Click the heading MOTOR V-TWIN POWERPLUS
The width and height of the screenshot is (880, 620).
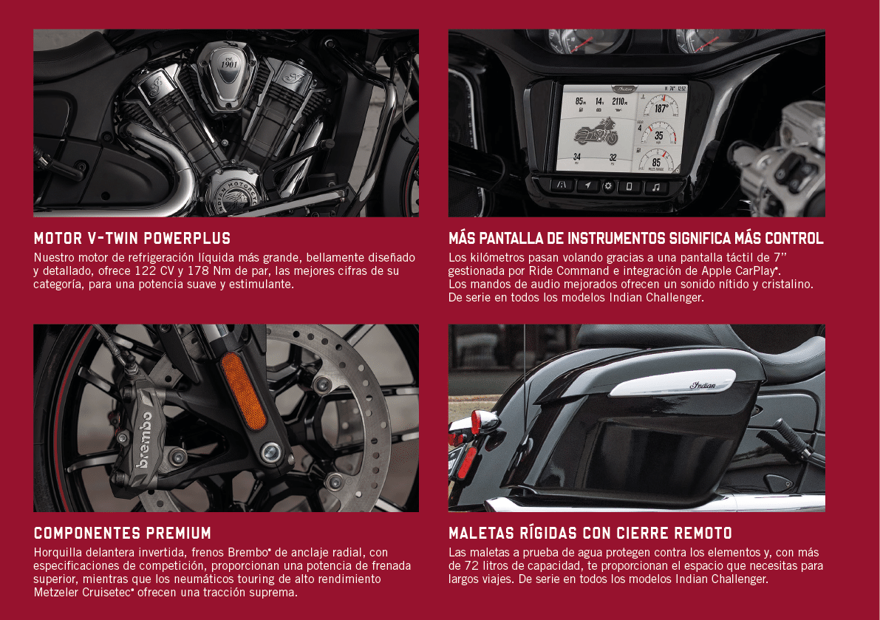132,239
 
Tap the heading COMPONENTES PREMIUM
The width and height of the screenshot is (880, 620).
123,533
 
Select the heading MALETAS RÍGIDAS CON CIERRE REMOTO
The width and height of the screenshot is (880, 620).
590,533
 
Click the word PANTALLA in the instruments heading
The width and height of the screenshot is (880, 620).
511,239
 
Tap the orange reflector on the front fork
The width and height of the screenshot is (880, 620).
243,390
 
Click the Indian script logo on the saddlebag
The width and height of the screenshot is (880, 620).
703,385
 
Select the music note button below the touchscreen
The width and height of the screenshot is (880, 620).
656,187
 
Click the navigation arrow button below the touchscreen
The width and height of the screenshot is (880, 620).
587,185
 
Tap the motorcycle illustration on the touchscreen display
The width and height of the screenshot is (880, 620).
596,132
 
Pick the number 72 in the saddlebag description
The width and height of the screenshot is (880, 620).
470,565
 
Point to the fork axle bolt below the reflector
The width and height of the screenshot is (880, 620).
271,452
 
